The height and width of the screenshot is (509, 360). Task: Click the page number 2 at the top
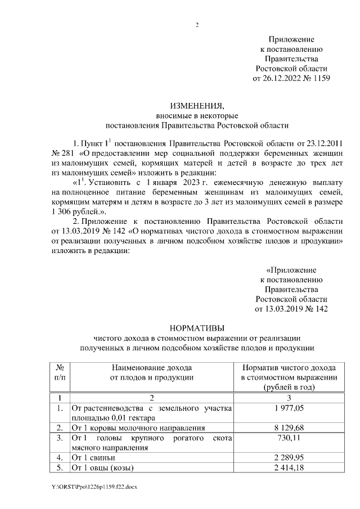(197, 25)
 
